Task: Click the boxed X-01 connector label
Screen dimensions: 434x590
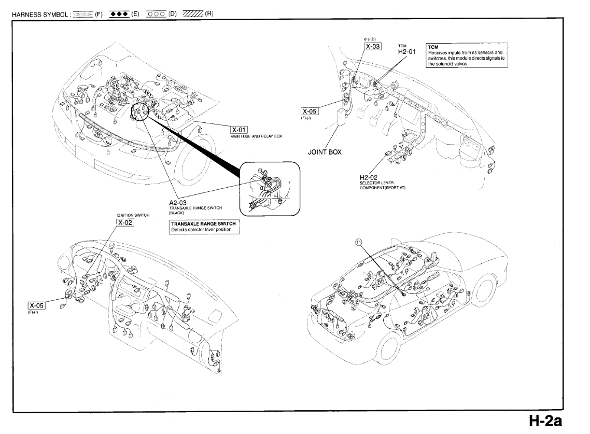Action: coord(240,130)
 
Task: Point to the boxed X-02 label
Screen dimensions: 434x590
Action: coord(125,222)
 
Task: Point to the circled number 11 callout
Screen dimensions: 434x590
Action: coord(358,242)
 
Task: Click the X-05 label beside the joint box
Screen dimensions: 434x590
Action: coord(310,111)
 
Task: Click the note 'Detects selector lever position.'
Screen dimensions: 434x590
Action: coord(204,230)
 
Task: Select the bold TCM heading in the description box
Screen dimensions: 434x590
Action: coord(432,47)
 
